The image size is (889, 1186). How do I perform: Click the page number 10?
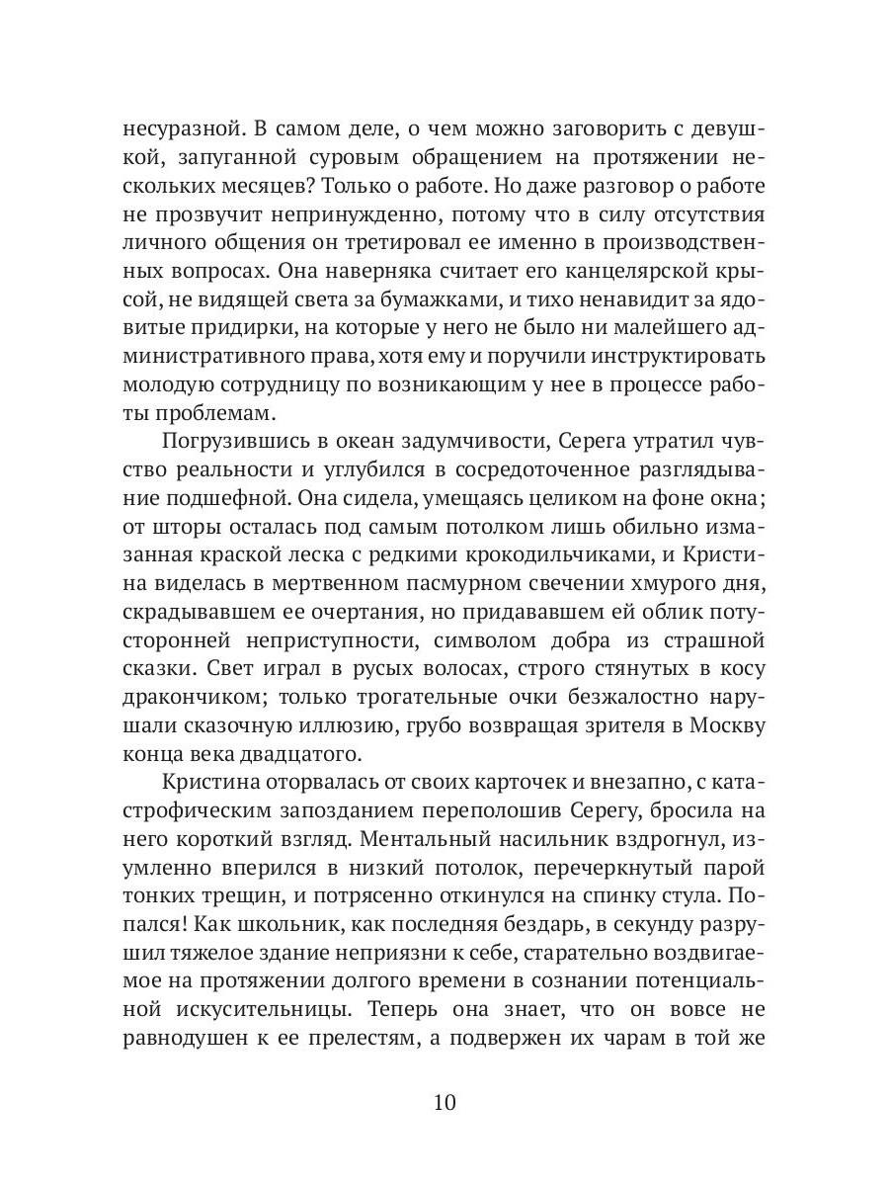point(444,1103)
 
